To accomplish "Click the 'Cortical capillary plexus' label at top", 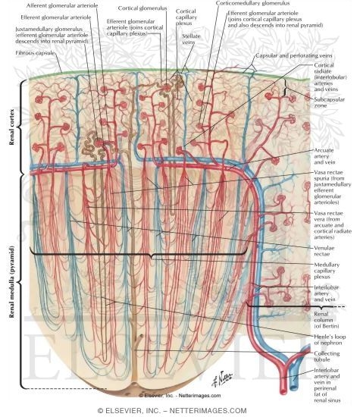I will tap(185, 20).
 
